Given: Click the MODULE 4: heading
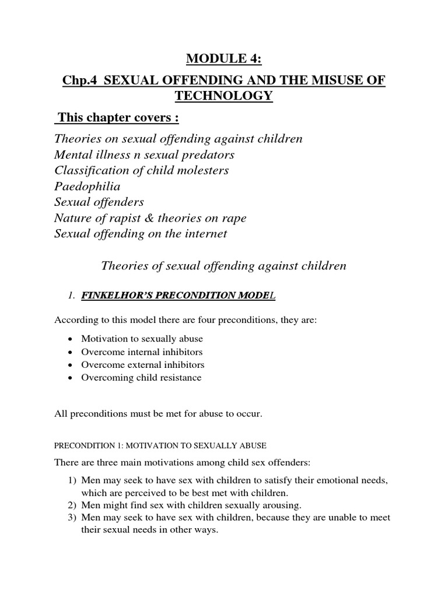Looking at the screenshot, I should (x=223, y=59).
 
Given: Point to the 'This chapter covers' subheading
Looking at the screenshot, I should (x=116, y=118).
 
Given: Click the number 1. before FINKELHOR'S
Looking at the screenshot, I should (x=73, y=297).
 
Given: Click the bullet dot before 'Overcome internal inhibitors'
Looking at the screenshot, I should (x=70, y=352).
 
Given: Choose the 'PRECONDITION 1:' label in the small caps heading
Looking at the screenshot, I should (x=85, y=445).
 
